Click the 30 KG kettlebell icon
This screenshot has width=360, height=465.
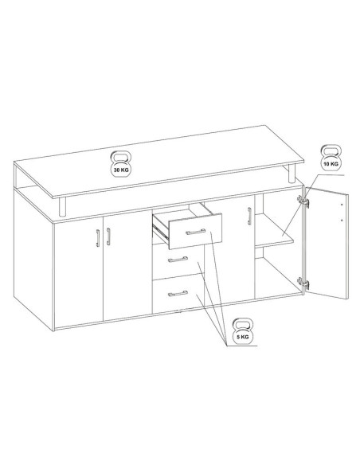tap(121, 164)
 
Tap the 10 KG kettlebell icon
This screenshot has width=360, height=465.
tap(331, 158)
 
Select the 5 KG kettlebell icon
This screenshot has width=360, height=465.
tap(243, 331)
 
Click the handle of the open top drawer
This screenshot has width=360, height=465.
tap(195, 232)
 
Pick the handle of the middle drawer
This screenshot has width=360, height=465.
tap(178, 260)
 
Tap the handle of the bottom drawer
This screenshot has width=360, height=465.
tap(178, 294)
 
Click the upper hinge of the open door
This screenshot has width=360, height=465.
tap(303, 201)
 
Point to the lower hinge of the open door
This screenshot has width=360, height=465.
tap(303, 283)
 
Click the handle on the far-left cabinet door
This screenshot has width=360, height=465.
tap(98, 238)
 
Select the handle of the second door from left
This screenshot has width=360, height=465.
tap(108, 236)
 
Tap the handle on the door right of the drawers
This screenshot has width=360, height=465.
tap(249, 217)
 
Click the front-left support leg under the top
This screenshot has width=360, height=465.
tap(63, 207)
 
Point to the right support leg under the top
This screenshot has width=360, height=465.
tap(292, 174)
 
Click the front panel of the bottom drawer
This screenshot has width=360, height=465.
tap(178, 294)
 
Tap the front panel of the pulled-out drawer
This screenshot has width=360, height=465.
tap(195, 231)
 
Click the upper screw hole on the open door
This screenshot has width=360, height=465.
tap(342, 205)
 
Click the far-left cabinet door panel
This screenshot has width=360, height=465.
tap(79, 273)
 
